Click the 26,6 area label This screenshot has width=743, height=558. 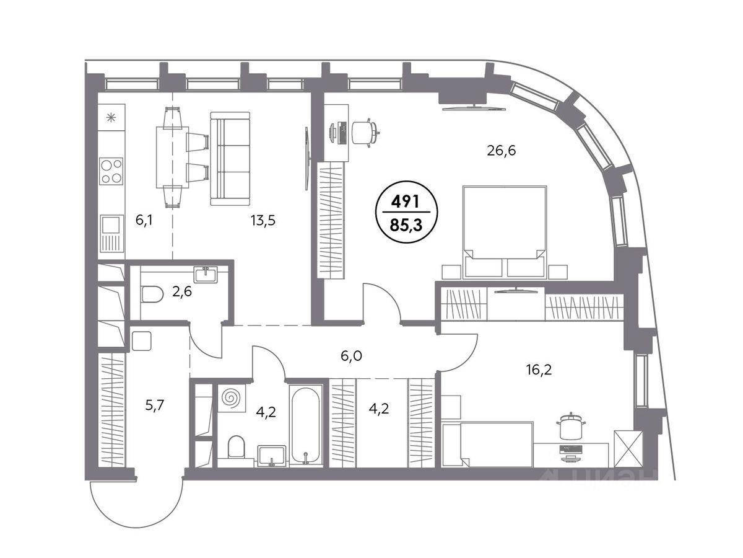coord(501,151)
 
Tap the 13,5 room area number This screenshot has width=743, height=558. coord(263,221)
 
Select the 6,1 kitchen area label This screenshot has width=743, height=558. coord(144,221)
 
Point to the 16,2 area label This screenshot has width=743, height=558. coord(539,370)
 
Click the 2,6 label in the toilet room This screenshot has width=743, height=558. coord(182,291)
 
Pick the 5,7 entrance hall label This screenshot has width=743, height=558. coord(155,405)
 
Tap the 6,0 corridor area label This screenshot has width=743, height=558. coord(351,356)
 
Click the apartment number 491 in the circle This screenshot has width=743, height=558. coord(405,202)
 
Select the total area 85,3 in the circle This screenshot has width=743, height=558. coord(406,224)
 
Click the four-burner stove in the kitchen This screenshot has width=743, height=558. coord(111,171)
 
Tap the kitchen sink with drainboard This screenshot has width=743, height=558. coord(111,234)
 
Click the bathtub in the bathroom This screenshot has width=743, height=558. coord(305,425)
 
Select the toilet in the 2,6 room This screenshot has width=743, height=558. coord(152,294)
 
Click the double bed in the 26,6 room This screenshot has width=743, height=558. coord(505,232)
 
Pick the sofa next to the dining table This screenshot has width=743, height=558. coord(230,159)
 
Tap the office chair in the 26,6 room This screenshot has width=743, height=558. coord(365,133)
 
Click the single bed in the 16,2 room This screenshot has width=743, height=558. coord(488,445)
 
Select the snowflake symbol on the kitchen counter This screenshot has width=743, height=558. coord(111,118)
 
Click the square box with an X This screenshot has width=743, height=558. coord(628,449)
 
